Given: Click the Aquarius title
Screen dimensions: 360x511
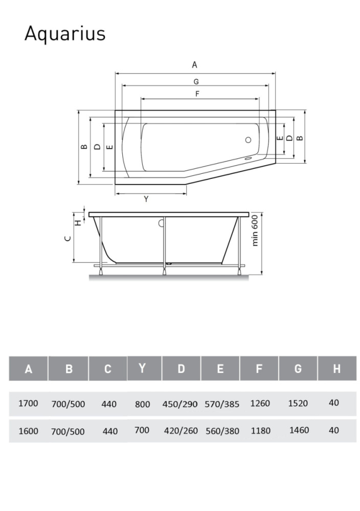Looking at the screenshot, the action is coord(65,34).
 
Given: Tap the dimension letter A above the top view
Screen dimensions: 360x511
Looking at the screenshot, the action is coord(194,65).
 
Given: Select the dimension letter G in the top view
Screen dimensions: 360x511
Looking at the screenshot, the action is coord(196,81).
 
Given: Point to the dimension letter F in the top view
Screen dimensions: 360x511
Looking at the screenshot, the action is coord(197,94).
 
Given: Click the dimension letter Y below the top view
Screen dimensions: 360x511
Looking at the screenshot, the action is coord(146,199).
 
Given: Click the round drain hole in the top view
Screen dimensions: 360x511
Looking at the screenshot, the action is coord(248,140).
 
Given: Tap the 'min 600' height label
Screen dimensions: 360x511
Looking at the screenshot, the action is coord(255,230).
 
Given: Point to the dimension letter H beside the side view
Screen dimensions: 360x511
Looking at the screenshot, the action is coord(78,223).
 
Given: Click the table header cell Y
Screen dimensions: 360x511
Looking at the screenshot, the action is coord(142,368).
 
